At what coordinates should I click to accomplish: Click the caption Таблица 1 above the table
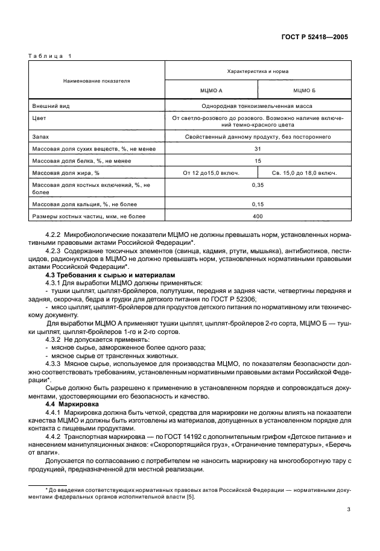tap(49, 56)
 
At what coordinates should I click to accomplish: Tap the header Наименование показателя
tap(97, 80)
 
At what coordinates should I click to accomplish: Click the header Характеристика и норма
tap(258, 71)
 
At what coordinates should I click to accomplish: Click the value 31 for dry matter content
tap(258, 148)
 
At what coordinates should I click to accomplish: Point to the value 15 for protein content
tap(258, 161)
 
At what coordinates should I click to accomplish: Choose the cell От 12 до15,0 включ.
tap(211, 173)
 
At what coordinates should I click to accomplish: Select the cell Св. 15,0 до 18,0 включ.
tap(304, 173)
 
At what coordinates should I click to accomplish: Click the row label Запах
tap(41, 137)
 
